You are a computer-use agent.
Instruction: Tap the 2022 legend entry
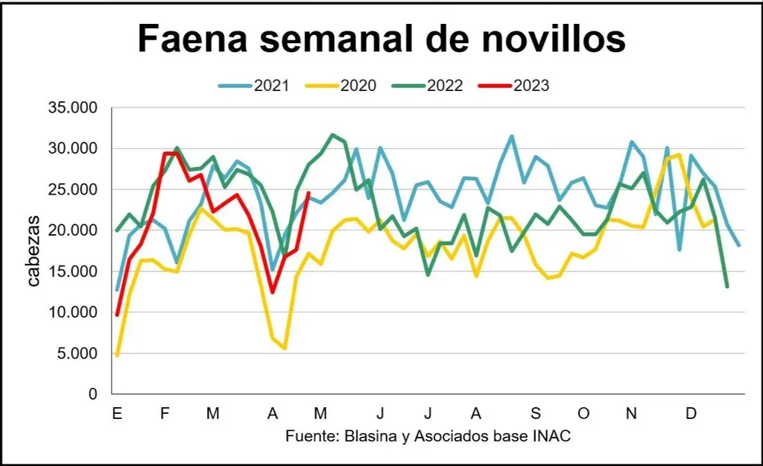coord(445,85)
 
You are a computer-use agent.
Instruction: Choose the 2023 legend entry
coord(531,85)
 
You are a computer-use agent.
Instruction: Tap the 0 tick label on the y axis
coord(92,394)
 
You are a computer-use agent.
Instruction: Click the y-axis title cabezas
coord(34,251)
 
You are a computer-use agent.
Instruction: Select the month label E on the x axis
coord(116,414)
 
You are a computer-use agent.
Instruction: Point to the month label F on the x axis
coord(165,414)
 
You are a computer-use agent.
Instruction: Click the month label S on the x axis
coord(535,414)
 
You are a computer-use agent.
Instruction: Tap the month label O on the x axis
coord(583,414)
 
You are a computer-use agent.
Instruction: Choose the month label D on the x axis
coord(691,414)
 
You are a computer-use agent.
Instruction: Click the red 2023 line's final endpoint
coord(308,193)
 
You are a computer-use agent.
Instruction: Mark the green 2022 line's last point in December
coord(726,286)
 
